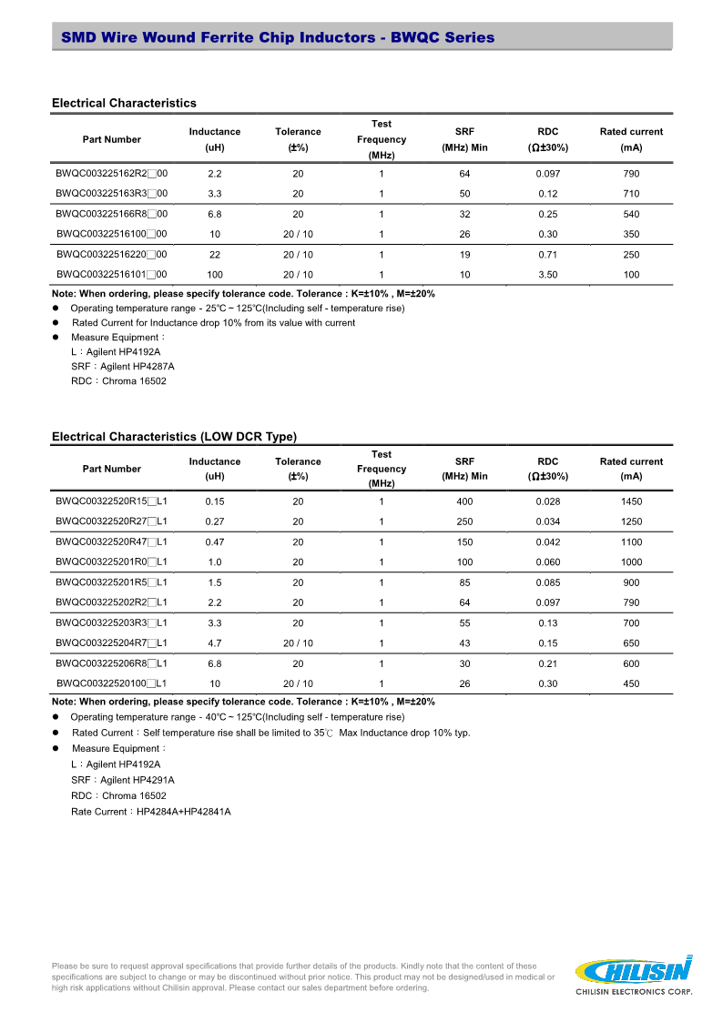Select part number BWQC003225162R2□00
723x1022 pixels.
pos(111,173)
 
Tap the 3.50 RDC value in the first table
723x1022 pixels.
pos(547,275)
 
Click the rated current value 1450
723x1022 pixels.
pos(631,501)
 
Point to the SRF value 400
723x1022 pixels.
pos(464,501)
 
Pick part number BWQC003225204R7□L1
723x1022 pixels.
pos(111,643)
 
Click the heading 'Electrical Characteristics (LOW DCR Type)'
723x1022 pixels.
pos(174,437)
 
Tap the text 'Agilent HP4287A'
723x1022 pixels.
pos(137,367)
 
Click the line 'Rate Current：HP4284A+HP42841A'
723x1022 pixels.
pos(150,811)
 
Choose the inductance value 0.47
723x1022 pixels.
pos(215,541)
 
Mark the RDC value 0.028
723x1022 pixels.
pos(547,501)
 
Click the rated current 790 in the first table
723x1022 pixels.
pos(631,173)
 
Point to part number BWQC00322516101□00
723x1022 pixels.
pos(111,275)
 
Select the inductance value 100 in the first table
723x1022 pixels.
pos(215,275)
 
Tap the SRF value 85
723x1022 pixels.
pos(464,582)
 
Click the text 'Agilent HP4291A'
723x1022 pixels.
pos(137,780)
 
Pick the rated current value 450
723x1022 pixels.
pos(631,683)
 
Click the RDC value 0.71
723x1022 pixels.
pos(547,255)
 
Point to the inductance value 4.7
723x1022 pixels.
pos(215,643)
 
